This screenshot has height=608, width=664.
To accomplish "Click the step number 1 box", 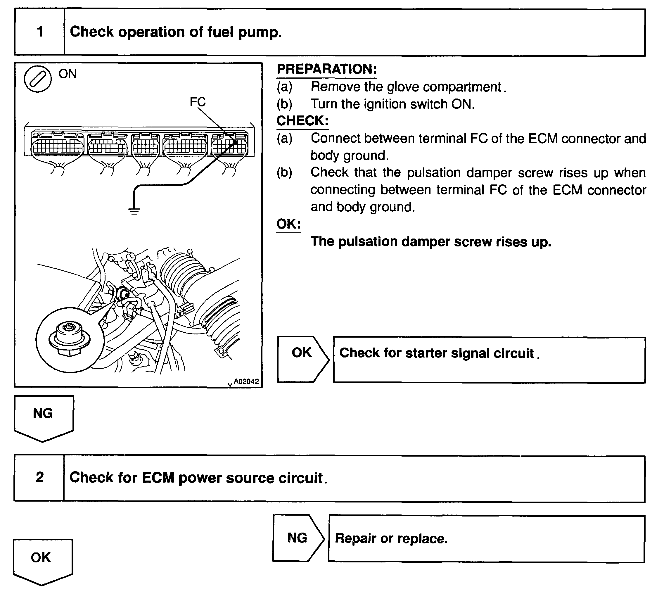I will click(39, 32).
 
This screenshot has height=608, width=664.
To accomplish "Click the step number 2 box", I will click(39, 478).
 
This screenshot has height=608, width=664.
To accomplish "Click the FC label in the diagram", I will click(198, 102).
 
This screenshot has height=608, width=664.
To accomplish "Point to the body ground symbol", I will click(134, 210).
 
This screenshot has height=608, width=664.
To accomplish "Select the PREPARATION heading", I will click(326, 69).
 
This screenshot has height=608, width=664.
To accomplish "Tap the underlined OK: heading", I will click(288, 224).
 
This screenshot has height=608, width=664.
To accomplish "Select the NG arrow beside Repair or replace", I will click(298, 538).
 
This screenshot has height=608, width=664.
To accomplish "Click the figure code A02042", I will click(246, 381).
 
